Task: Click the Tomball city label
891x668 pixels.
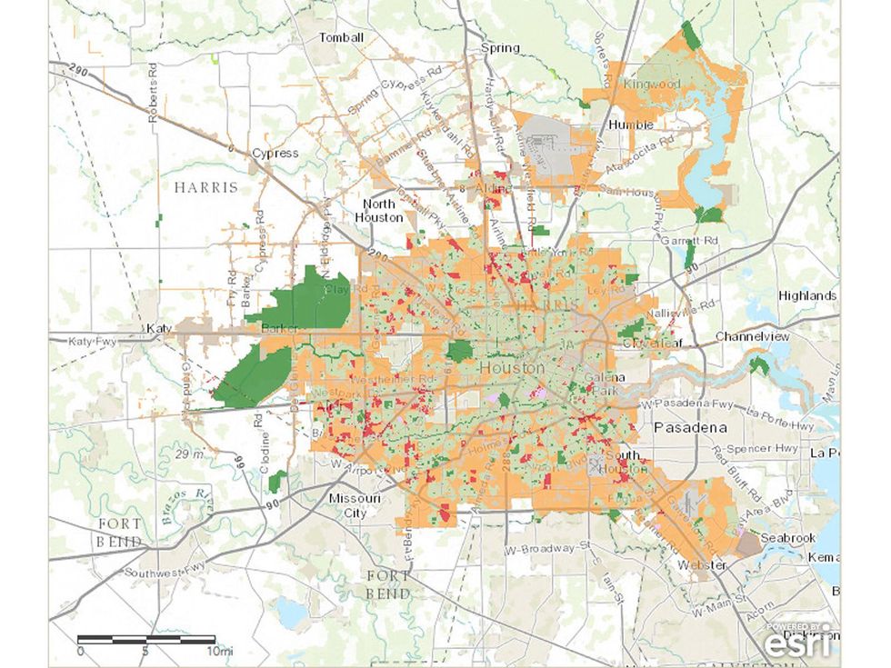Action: (341, 38)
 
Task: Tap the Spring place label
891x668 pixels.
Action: (500, 48)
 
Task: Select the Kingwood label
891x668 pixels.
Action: (651, 84)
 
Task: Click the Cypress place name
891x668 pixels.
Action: (275, 153)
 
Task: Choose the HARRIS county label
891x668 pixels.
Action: (207, 187)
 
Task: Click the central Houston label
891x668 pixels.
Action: (511, 368)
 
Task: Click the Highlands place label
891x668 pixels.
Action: (807, 295)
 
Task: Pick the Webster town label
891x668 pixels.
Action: (702, 565)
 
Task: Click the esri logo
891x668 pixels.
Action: (796, 642)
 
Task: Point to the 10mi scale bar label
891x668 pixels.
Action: (219, 652)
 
